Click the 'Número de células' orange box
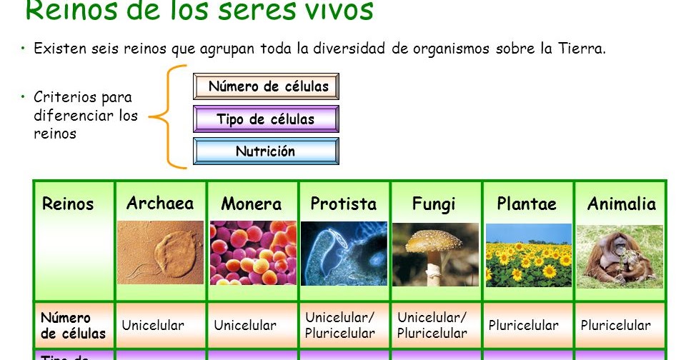pos(266,87)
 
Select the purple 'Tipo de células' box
pos(266,119)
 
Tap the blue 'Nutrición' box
pos(266,151)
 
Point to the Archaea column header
pos(160,204)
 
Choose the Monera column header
pos(252,204)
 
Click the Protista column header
pos(344,204)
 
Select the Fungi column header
pos(434,204)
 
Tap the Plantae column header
pos(527,204)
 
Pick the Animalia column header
pos(621,204)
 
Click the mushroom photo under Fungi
pos(435,254)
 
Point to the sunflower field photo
pos(529,255)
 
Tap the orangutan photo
pos(620,256)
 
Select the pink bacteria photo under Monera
pos(252,253)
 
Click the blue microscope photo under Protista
pos(344,254)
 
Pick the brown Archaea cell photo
pos(160,252)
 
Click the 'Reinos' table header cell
pos(68,204)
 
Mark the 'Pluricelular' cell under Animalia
pos(615,326)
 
